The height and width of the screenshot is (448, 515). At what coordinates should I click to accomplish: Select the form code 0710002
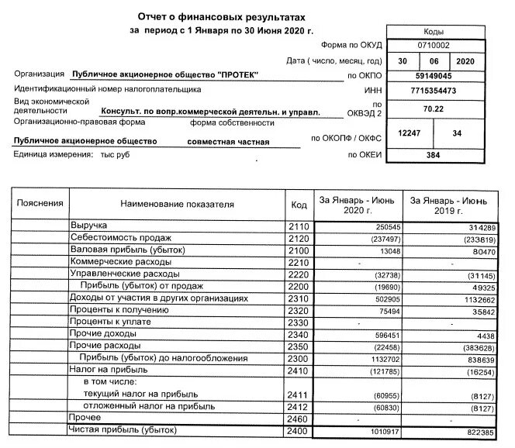coord(434,46)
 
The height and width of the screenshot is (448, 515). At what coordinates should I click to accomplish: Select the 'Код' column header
coord(299,205)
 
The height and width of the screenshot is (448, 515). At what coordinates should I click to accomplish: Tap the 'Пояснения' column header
coord(40,204)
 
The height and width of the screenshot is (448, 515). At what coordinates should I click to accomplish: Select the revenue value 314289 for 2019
coord(476,226)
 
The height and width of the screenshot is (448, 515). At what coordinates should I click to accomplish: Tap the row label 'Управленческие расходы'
coord(124,274)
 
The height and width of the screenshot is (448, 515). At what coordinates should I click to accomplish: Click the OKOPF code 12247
coord(408,134)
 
